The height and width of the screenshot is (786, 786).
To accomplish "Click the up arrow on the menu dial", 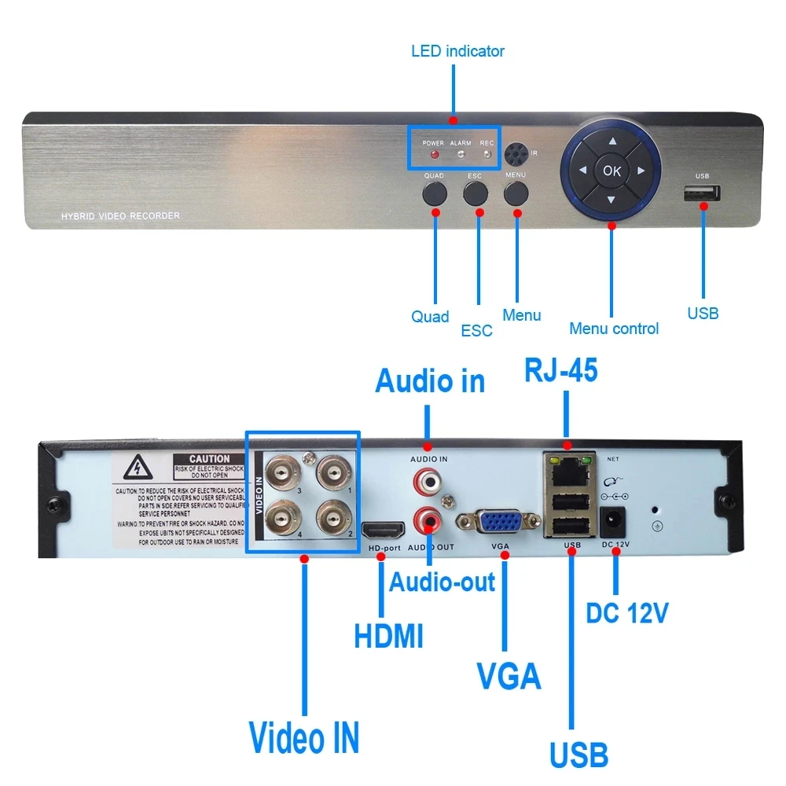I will pyautogui.click(x=612, y=142).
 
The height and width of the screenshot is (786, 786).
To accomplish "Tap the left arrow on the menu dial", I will pyautogui.click(x=582, y=171).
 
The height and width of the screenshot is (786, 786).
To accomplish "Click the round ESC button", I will pyautogui.click(x=475, y=193).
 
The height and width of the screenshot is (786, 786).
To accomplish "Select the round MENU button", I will pyautogui.click(x=516, y=193).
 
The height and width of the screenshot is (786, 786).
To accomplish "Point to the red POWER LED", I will pyautogui.click(x=433, y=154).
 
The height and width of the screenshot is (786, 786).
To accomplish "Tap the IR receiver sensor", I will pyautogui.click(x=516, y=152).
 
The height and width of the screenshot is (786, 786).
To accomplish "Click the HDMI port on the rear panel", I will pyautogui.click(x=380, y=531).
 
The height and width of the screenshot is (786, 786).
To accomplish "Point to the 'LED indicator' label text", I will pyautogui.click(x=457, y=51).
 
